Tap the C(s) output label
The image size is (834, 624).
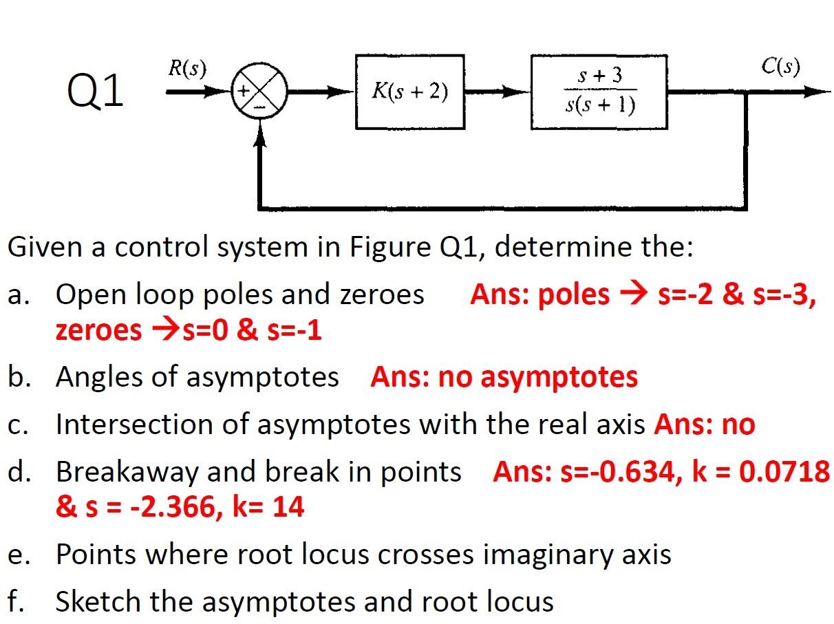click(780, 67)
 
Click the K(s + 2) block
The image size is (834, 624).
click(409, 92)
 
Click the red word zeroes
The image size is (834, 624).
click(98, 331)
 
